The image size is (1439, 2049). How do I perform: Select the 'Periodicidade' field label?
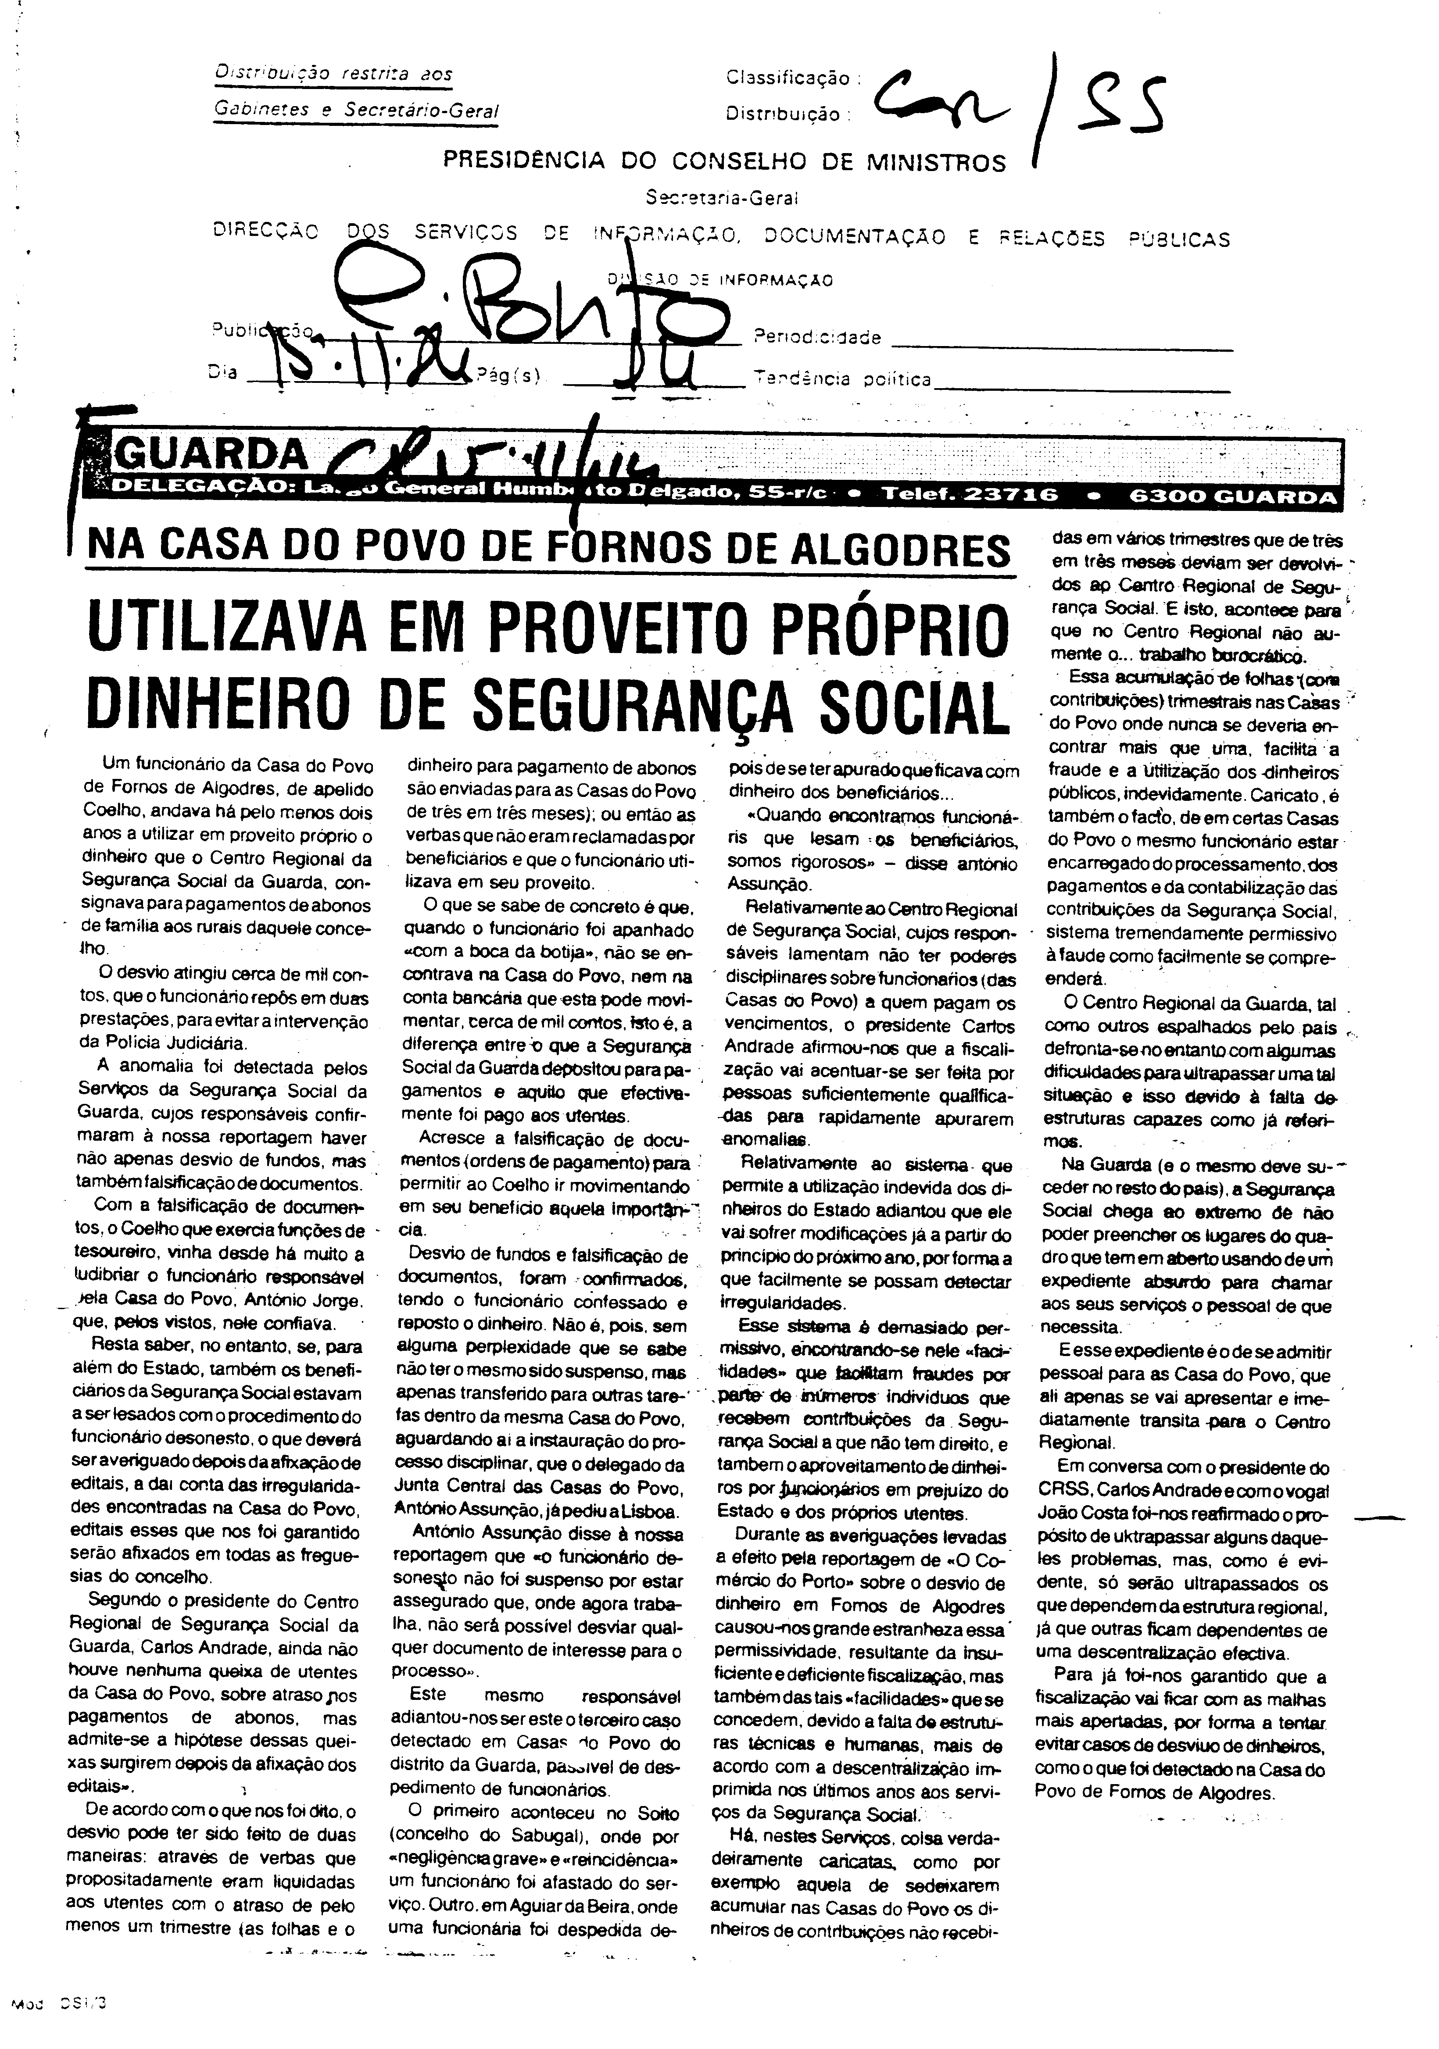(818, 337)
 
